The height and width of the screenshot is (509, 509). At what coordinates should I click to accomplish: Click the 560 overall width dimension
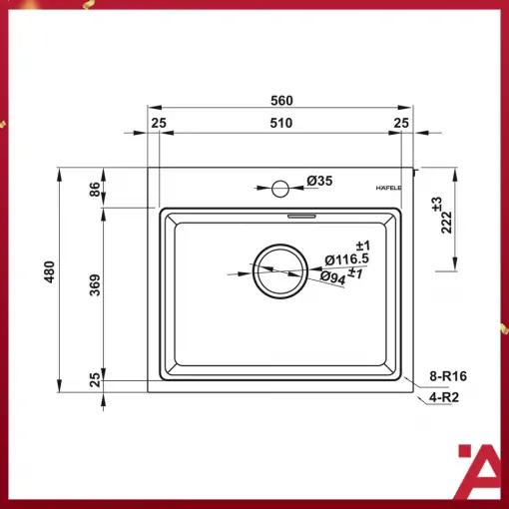[281, 100]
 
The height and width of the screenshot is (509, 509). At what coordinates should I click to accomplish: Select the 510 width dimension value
[281, 123]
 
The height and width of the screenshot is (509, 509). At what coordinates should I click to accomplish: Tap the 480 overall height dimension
[49, 272]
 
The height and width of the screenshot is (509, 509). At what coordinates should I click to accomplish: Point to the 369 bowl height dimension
[95, 284]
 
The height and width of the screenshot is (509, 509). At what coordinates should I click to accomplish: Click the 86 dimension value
[95, 189]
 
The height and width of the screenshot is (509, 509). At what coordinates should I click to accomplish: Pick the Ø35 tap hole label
[319, 181]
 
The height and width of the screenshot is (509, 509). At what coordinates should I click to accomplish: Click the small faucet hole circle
[280, 189]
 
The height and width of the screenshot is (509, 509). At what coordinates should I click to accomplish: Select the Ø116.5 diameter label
[346, 259]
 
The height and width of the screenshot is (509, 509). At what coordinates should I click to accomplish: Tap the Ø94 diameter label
[333, 277]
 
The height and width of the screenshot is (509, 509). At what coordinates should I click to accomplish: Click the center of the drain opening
[280, 271]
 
